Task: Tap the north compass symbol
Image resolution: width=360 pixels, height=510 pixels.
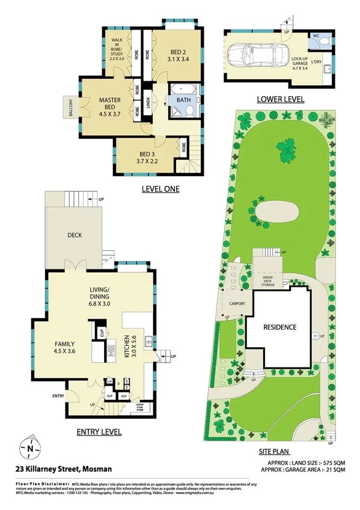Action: pyautogui.click(x=29, y=447)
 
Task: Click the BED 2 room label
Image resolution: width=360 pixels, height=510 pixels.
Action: pyautogui.click(x=177, y=55)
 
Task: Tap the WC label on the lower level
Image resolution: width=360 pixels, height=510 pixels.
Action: pyautogui.click(x=315, y=36)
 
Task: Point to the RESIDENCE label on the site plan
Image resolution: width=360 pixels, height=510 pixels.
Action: pyautogui.click(x=280, y=327)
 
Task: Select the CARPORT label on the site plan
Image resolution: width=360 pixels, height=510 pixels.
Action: pyautogui.click(x=237, y=304)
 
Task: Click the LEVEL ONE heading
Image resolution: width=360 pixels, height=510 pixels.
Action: pyautogui.click(x=160, y=189)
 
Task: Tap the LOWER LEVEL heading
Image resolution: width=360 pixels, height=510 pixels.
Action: pyautogui.click(x=280, y=99)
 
